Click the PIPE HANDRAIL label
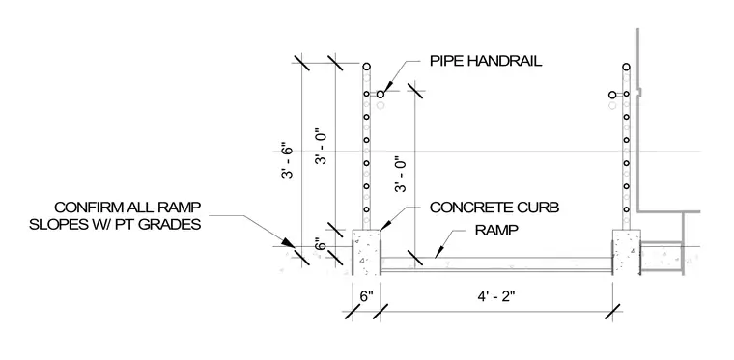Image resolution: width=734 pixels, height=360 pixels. click(486, 61)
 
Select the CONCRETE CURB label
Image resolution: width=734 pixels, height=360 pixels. click(494, 208)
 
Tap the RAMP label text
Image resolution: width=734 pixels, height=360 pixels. click(496, 231)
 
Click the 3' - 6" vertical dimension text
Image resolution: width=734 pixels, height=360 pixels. click(287, 164)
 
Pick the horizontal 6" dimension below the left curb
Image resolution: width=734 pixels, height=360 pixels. click(367, 296)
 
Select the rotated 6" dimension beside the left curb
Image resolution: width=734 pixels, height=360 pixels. click(321, 245)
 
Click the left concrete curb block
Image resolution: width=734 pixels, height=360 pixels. click(366, 253)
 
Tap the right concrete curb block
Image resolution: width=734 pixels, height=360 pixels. click(627, 253)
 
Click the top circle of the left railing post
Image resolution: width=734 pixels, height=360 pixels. click(367, 67)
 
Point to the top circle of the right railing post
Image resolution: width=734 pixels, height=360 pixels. click(627, 67)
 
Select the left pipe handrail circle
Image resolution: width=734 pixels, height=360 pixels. click(381, 95)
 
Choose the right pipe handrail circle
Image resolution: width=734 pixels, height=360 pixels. click(612, 95)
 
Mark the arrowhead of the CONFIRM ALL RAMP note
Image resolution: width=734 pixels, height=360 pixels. click(289, 242)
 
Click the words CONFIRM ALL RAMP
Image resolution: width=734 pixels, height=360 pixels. click(127, 207)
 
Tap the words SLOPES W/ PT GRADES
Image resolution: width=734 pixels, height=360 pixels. click(115, 225)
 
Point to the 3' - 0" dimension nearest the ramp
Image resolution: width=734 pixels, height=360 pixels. click(402, 175)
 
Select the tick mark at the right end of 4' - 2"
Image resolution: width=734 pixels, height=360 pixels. click(612, 312)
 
